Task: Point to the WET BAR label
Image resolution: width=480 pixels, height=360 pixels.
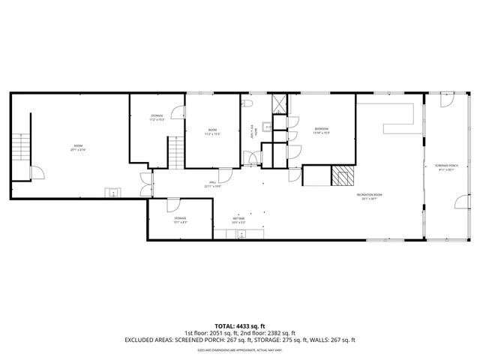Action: point(238,218)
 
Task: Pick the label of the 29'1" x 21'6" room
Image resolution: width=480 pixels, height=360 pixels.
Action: point(78,148)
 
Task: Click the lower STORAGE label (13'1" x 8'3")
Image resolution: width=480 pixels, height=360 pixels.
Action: point(180,220)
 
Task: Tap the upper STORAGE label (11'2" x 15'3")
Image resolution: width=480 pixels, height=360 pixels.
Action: point(157,117)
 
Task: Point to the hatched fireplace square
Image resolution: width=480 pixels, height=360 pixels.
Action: point(342,176)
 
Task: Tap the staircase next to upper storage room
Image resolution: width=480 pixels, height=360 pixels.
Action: point(175,153)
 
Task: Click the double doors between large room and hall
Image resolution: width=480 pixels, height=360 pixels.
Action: point(145,184)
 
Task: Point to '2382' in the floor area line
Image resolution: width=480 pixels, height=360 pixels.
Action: point(272,333)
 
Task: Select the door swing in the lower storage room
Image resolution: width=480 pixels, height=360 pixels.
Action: point(172,203)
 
